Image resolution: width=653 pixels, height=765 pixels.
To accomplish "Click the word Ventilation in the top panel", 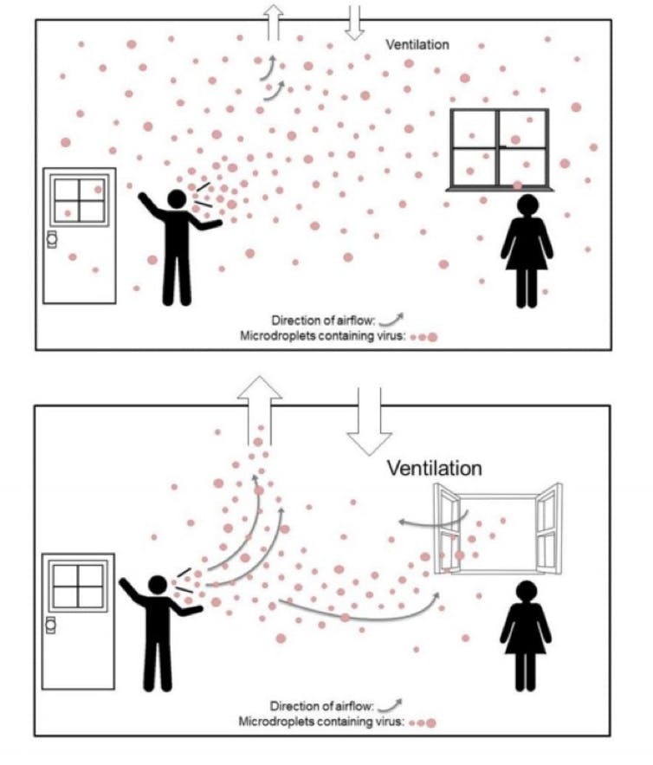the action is coord(417,44).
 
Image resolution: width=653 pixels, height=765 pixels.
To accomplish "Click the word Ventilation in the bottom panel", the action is coord(435,468).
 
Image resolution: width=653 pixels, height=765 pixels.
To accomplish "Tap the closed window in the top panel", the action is coord(500,149).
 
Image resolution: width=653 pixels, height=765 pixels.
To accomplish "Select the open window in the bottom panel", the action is coord(498,528).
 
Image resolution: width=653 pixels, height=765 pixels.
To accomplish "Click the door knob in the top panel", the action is coord(51,239).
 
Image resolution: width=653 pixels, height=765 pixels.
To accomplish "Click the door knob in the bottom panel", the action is coord(50,625).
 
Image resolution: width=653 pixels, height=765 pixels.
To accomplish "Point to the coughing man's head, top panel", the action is coord(177,199).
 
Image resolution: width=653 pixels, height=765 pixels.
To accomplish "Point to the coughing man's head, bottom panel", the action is coord(158,586).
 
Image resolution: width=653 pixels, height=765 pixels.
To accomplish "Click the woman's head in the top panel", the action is coord(527,205).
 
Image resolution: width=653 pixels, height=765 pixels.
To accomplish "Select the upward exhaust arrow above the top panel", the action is coord(274,23).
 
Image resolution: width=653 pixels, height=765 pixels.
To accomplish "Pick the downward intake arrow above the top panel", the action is coord(354,23).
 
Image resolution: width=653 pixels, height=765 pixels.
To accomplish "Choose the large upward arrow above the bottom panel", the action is coord(260,411).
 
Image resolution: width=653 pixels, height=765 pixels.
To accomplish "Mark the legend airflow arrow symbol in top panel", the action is coord(391,320).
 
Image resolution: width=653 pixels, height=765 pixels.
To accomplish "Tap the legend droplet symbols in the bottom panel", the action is coord(423,723).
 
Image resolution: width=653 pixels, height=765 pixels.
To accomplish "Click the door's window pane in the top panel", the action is coord(80,200).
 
